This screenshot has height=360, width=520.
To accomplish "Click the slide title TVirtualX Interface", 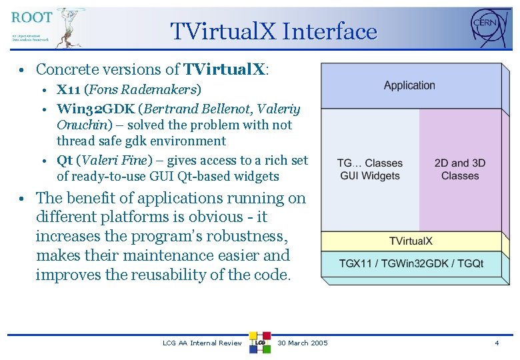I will [273, 31].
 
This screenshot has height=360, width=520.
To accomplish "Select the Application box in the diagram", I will [409, 85].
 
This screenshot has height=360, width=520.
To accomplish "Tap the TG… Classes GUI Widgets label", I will [369, 169].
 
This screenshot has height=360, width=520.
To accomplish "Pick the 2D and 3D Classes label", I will [460, 169].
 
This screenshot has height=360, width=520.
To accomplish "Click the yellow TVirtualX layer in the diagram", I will [411, 241].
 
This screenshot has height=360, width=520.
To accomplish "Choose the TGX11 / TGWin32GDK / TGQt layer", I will [411, 263].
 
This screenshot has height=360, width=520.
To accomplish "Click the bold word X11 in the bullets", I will [69, 89].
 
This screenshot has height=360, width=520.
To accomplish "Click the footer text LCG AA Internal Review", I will [202, 343].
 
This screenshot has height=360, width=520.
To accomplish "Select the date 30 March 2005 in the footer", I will [302, 343].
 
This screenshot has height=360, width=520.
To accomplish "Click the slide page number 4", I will [496, 343].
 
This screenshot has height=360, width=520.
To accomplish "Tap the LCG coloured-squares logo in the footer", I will [259, 342].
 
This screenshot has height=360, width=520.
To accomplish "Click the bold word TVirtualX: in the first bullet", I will [226, 69].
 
